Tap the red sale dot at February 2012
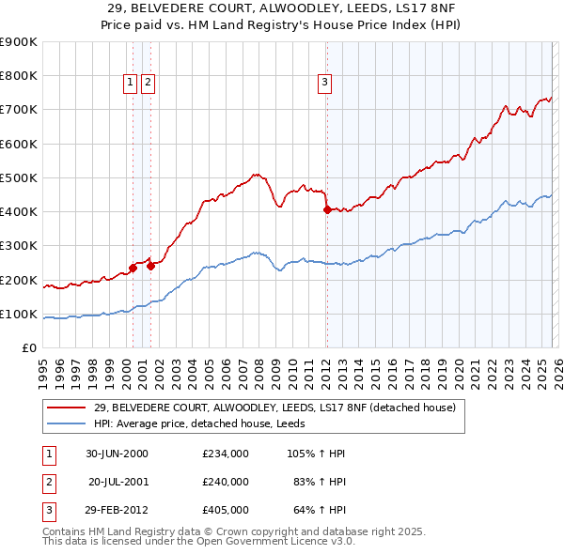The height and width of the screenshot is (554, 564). click(327, 210)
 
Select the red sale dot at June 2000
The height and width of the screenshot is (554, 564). click(133, 268)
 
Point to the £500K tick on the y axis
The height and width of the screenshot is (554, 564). click(20, 177)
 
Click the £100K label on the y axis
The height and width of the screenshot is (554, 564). click(20, 314)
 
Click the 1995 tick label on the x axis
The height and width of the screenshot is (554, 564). click(43, 367)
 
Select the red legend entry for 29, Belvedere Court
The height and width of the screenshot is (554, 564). click(274, 408)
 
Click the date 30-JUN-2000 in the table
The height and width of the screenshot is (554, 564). click(117, 454)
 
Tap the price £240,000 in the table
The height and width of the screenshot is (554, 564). click(225, 482)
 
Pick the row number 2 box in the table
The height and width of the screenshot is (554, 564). click(47, 482)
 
